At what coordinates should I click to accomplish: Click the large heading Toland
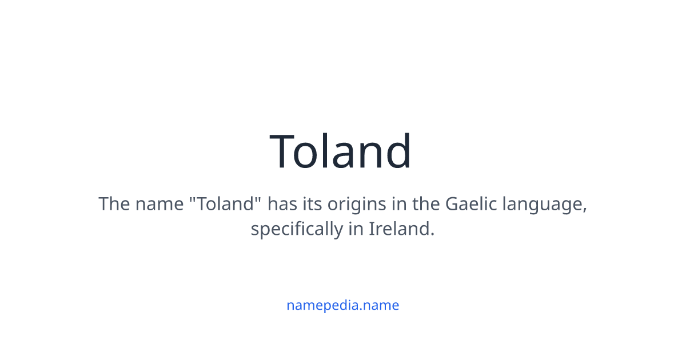(x=341, y=151)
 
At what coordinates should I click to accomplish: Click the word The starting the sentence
(x=114, y=204)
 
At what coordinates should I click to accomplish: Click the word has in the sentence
(x=282, y=204)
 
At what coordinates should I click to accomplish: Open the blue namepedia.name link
(x=343, y=305)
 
